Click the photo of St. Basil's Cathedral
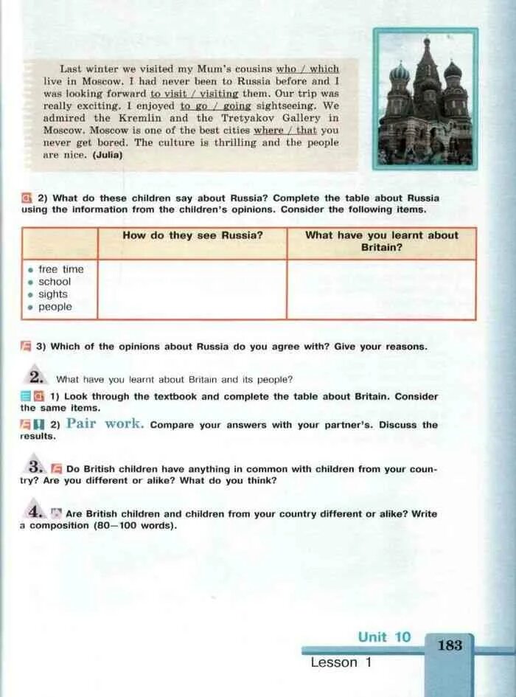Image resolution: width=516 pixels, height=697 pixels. coord(425,100)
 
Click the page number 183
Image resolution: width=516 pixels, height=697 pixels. coord(450,645)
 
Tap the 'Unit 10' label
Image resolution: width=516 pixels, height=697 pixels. coord(384,637)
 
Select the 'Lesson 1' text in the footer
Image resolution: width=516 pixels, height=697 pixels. coord(341,662)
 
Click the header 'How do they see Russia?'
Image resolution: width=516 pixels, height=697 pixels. coord(192,235)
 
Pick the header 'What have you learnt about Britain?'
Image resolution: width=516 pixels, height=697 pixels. coord(381,241)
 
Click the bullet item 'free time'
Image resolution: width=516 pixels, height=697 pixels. coord(60,269)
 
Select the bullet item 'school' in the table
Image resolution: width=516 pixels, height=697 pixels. coord(55,282)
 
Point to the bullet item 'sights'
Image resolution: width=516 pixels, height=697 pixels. coord(52,294)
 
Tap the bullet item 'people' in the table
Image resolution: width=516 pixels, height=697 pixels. coord(55,307)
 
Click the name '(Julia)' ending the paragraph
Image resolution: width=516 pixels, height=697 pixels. coord(108,156)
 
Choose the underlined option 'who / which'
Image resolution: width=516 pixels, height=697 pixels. coord(307,69)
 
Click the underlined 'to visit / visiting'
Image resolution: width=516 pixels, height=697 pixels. coord(194,94)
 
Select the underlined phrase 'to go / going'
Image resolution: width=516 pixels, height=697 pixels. coord(211,106)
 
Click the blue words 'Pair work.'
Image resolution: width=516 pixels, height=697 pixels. coord(105,424)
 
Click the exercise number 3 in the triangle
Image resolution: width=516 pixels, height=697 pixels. coord(35,467)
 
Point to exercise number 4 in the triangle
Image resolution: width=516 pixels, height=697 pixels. coord(35,511)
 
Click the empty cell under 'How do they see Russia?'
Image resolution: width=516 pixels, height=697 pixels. coord(192,288)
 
